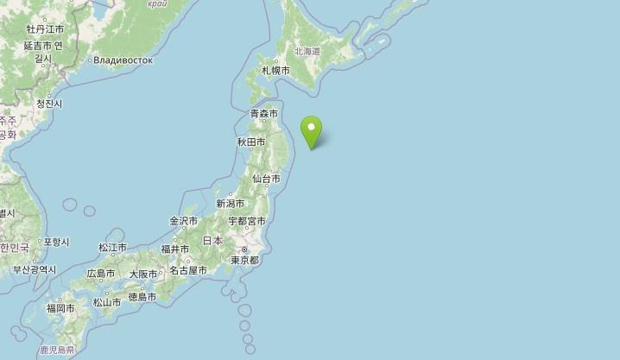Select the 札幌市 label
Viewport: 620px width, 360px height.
(275, 70)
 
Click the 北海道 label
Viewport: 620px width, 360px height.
(307, 52)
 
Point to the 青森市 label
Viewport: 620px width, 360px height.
(264, 114)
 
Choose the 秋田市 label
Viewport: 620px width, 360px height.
(250, 142)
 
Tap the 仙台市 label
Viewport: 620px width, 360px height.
(266, 179)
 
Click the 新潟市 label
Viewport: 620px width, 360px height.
(231, 204)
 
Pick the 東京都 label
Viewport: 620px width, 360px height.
(244, 260)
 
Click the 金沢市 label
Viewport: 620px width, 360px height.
(184, 221)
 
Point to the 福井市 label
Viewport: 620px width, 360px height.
(175, 249)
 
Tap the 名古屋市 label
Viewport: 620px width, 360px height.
(188, 270)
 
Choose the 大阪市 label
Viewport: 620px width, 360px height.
(143, 275)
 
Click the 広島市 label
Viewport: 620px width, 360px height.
(100, 274)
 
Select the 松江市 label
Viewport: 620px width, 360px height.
(112, 248)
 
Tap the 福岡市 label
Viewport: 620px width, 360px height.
(61, 307)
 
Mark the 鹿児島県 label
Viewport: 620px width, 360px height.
(57, 351)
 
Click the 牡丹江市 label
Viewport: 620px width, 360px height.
(45, 29)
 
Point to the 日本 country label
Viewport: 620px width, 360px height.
(212, 241)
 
